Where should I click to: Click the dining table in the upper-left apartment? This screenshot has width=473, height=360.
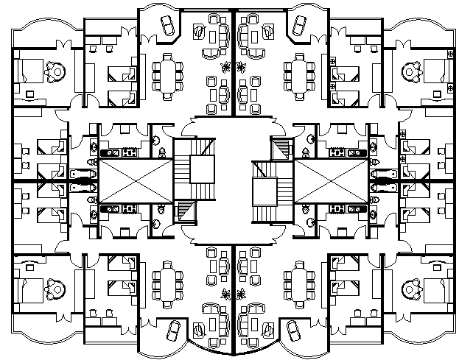167,72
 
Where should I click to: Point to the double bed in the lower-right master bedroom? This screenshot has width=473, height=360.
438,289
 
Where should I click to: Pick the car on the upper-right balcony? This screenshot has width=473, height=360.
300,26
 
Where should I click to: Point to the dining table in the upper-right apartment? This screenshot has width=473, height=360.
301,72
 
